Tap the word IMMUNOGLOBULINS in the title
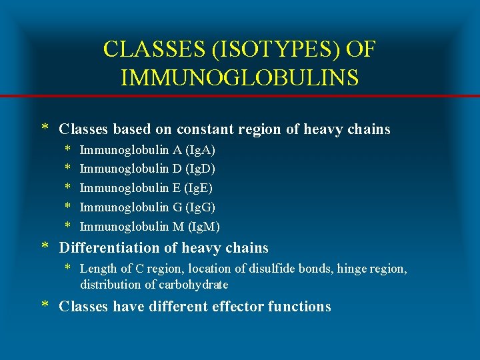click(x=240, y=77)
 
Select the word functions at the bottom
click(x=299, y=307)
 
